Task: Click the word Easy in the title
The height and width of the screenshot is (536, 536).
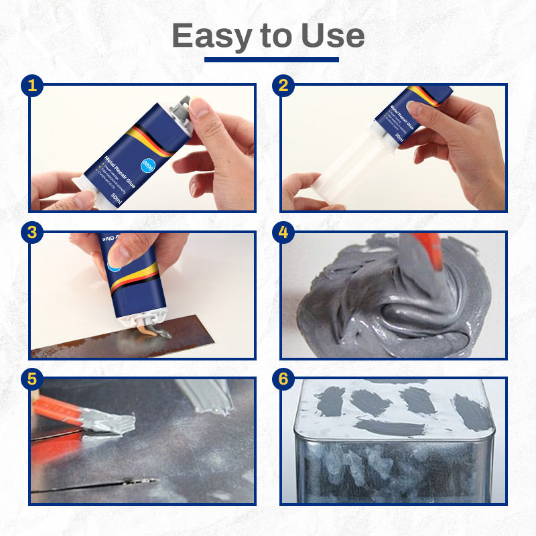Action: [212, 36]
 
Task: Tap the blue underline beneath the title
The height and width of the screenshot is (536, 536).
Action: [271, 60]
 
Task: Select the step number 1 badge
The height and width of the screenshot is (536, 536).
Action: [31, 85]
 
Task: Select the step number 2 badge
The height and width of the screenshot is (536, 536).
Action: [283, 85]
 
